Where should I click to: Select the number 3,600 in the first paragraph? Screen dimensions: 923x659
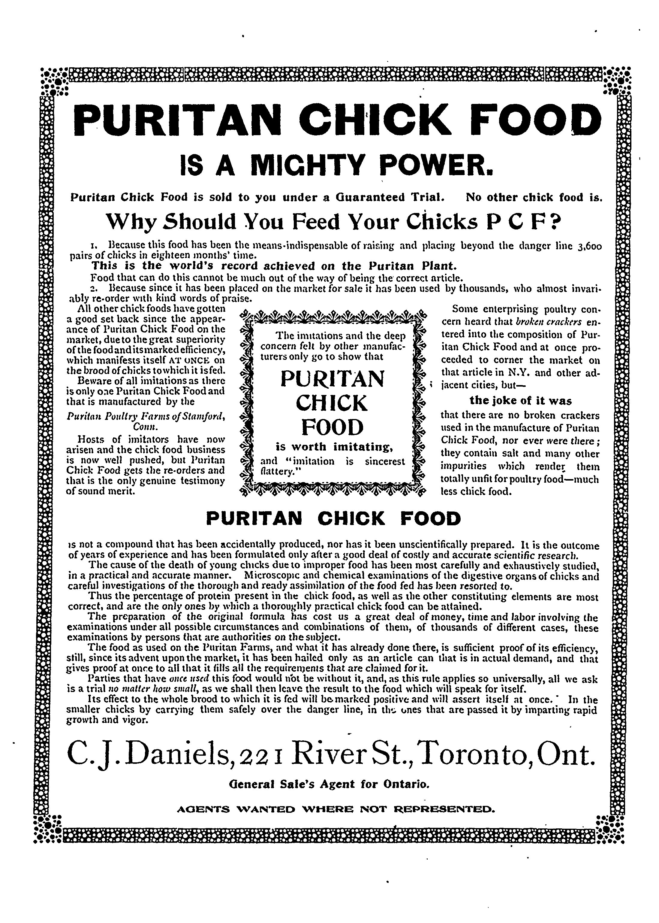tap(589, 246)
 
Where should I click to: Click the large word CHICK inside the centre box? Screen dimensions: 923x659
tap(332, 403)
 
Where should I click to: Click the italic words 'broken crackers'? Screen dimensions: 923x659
tap(546, 322)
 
